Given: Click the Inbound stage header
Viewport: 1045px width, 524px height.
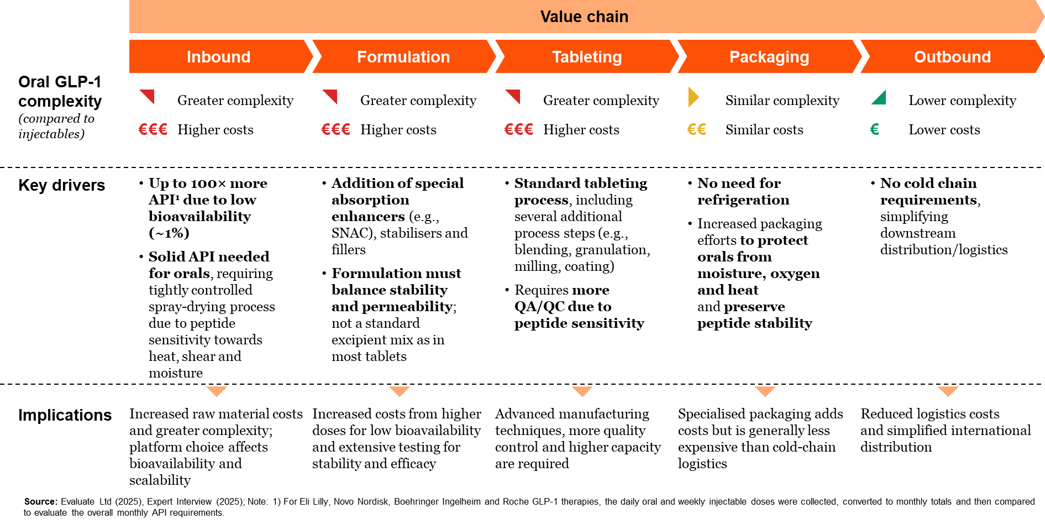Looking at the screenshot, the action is click(219, 56).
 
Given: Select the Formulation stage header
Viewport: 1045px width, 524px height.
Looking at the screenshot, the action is click(403, 56).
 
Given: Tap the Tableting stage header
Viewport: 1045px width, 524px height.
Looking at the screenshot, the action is click(587, 56).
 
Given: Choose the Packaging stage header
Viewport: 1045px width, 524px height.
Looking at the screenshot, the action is click(769, 56).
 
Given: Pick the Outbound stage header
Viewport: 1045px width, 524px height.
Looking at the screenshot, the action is click(952, 56).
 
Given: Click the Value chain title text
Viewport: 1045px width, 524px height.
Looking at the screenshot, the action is click(584, 17).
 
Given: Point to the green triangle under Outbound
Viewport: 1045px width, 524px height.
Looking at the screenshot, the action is click(879, 97).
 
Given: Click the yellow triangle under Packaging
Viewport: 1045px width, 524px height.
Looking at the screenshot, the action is click(694, 97).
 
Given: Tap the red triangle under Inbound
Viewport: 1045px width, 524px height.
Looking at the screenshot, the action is click(147, 97).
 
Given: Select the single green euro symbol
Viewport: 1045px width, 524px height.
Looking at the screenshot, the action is click(875, 129).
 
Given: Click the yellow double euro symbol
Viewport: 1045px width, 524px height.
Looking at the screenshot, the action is click(696, 129).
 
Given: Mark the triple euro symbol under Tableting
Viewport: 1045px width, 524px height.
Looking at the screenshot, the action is click(518, 129).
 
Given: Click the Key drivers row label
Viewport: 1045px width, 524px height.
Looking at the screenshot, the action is click(61, 185).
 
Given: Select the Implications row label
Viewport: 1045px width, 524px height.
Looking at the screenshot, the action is click(65, 415).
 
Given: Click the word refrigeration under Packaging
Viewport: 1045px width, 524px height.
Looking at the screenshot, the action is click(743, 200).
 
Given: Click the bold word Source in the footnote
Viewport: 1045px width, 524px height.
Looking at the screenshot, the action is click(40, 501).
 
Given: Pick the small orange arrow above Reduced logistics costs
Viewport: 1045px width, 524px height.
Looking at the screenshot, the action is click(948, 391).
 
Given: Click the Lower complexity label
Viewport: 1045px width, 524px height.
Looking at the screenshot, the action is click(962, 101).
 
